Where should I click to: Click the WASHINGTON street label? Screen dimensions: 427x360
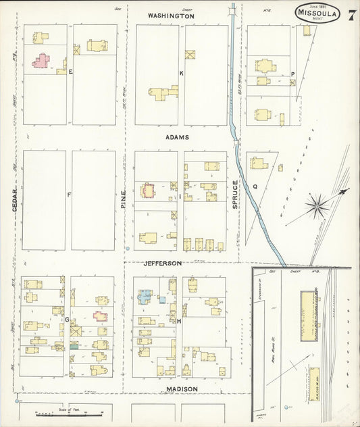click(171, 16)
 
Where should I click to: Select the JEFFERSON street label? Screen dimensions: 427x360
click(162, 263)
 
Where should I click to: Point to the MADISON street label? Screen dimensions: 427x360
click(182, 389)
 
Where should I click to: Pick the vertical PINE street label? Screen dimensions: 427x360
click(124, 197)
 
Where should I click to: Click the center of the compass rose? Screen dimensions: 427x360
click(316, 205)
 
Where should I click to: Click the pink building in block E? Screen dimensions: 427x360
click(41, 61)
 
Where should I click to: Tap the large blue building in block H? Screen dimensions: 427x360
click(145, 296)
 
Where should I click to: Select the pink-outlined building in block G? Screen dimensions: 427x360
click(100, 316)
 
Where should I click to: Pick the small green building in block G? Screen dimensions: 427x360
click(74, 345)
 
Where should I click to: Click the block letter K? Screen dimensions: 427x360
click(181, 72)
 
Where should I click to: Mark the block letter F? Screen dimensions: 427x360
click(69, 195)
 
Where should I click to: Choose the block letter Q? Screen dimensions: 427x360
click(255, 186)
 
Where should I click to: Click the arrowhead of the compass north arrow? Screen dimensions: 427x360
click(346, 191)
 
